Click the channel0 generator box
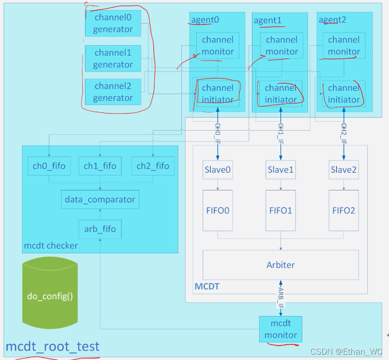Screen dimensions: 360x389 point(113,23)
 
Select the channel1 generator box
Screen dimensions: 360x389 point(113,58)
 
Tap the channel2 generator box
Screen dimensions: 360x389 point(113,92)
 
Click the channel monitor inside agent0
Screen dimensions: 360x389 point(218,46)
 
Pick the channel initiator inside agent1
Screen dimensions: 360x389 point(281,93)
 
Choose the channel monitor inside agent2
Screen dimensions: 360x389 point(344,46)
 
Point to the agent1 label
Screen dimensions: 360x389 point(268,20)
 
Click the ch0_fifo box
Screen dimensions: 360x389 point(49,166)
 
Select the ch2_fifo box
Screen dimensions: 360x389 point(153,166)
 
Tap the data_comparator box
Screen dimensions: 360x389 point(100,199)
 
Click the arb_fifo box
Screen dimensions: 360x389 point(100,229)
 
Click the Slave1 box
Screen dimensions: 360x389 point(281,170)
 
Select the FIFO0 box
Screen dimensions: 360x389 point(218,210)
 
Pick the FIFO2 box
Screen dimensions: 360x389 point(344,210)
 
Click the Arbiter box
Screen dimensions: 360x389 point(281,265)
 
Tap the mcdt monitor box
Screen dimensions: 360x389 point(281,329)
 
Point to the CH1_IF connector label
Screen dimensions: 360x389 point(281,133)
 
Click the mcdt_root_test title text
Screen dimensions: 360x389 point(53,347)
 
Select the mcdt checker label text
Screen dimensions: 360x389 point(50,245)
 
